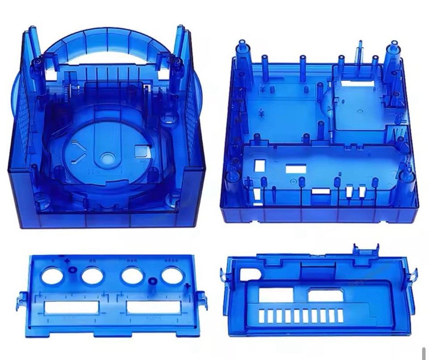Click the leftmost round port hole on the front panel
(x=53, y=275)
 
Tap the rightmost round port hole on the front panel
(x=172, y=275)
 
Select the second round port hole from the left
(x=93, y=275)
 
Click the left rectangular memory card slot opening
(x=71, y=307)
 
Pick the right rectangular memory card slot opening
(x=153, y=307)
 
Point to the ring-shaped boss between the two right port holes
(x=152, y=281)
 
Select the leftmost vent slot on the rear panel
(x=261, y=316)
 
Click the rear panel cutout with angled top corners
(x=325, y=295)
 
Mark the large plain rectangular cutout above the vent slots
(x=276, y=295)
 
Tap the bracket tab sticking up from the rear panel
(x=366, y=249)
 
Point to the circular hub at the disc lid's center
(x=107, y=157)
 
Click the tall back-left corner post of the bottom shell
(x=242, y=49)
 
